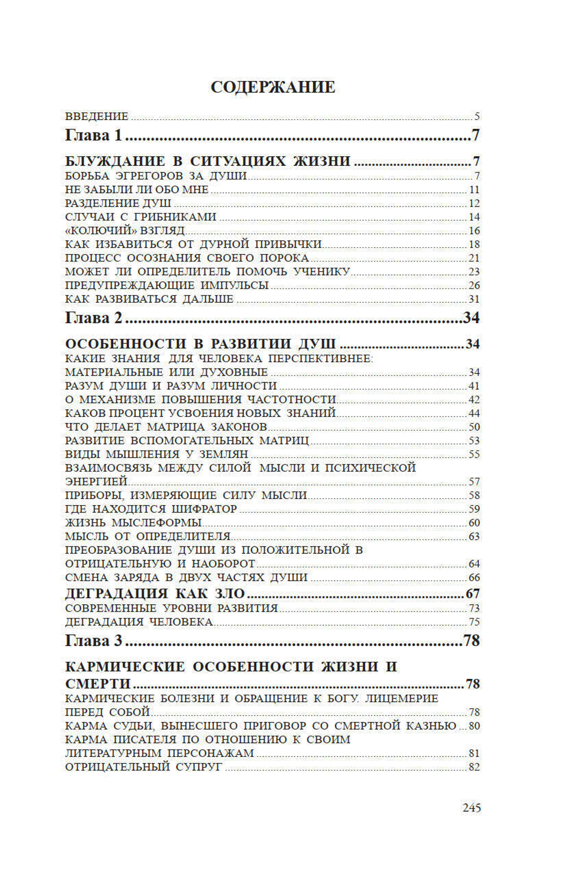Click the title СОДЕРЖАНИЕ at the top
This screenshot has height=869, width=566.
[273, 87]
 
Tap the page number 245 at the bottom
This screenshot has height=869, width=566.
[471, 807]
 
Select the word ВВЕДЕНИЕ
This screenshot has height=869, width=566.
[97, 117]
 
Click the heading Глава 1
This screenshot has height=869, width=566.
[93, 135]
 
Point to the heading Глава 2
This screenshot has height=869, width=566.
[93, 318]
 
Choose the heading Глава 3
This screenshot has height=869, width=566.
[93, 641]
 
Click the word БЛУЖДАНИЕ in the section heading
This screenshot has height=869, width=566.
[115, 161]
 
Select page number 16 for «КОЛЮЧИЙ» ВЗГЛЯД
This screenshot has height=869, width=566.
[474, 231]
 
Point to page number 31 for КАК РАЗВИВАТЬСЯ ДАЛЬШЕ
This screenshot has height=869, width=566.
[474, 299]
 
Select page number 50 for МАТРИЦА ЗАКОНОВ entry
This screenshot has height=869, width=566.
[474, 427]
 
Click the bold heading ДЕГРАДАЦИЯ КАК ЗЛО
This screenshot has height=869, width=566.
[155, 594]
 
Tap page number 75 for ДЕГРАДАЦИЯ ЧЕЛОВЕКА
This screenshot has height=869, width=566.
[474, 622]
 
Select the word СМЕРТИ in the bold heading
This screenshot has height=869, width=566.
[97, 684]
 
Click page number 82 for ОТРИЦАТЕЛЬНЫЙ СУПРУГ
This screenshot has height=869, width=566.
[474, 767]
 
